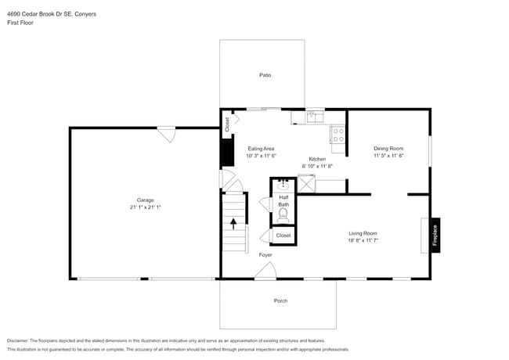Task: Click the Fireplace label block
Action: pos(435,234)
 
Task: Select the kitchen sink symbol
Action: pos(313,117)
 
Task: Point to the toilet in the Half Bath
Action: pos(283,214)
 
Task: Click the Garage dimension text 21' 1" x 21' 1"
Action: pos(146,207)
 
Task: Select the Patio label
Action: pos(265,75)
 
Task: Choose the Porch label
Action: pos(280,301)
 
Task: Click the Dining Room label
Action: pos(388,148)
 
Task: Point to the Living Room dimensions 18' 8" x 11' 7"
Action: pos(363,241)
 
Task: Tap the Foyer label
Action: pos(265,255)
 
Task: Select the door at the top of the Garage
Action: pos(165,135)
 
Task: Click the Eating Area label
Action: pos(261,148)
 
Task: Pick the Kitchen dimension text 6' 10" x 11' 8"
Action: pos(317,166)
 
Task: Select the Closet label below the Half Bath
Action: pos(283,235)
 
